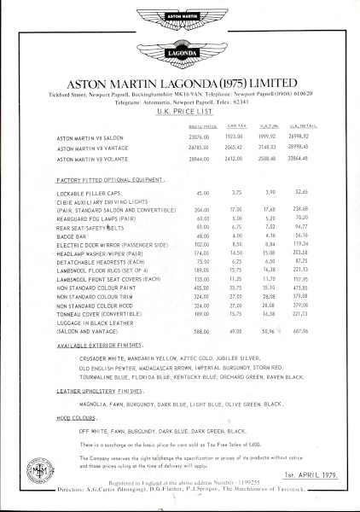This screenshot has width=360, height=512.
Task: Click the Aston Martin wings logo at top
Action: [181, 18]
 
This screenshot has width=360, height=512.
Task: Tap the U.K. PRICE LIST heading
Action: [180, 100]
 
